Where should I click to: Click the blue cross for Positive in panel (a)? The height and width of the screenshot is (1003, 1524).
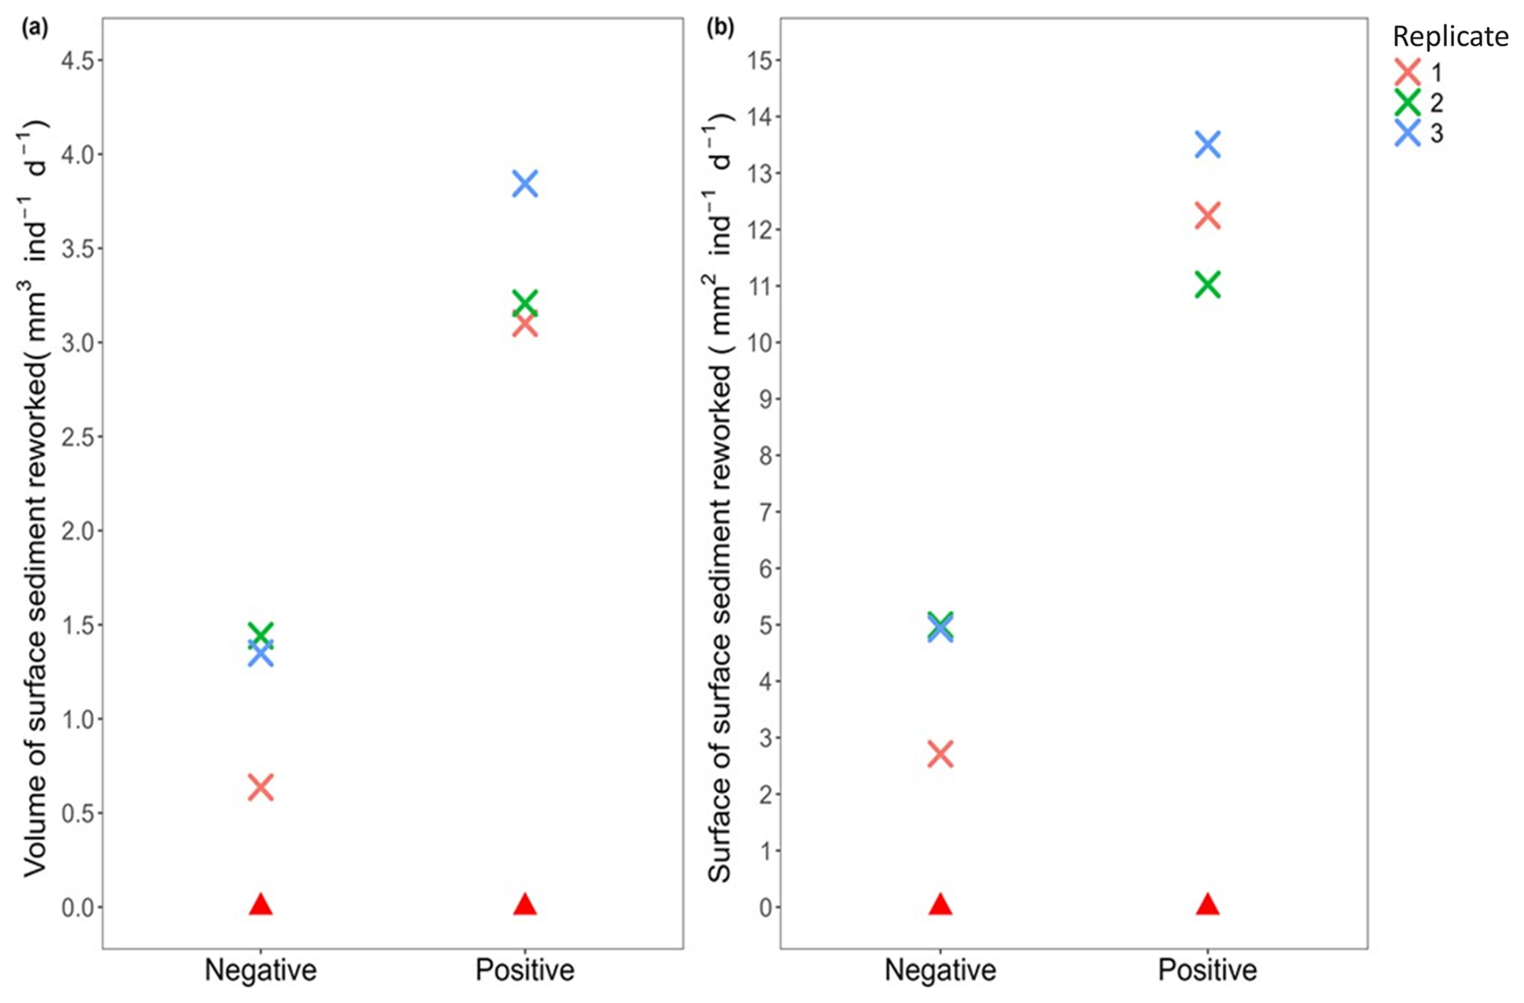point(524,184)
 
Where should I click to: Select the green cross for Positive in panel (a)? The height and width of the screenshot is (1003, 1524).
point(524,303)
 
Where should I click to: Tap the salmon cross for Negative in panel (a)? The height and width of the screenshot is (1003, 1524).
point(260,787)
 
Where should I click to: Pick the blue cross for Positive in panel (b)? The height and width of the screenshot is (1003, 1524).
point(1207,145)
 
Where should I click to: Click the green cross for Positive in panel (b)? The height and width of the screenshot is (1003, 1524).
point(1207,284)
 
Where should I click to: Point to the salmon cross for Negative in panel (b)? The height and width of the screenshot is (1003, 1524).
point(940,754)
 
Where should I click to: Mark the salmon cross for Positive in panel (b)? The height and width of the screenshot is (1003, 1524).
point(1207,216)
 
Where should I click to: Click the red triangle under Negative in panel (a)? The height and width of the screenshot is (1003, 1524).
point(260,905)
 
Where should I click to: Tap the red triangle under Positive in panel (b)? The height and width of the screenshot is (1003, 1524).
point(1207,905)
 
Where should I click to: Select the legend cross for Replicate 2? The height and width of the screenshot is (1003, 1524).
point(1407,102)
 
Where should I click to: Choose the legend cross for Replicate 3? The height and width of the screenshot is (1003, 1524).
point(1407,133)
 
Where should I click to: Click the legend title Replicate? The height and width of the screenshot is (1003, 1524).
point(1450,37)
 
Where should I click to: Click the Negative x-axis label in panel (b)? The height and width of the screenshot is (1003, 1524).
point(940,969)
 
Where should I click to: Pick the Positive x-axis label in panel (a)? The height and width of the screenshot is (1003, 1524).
point(524,969)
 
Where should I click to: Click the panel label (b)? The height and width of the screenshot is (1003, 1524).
point(719,29)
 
